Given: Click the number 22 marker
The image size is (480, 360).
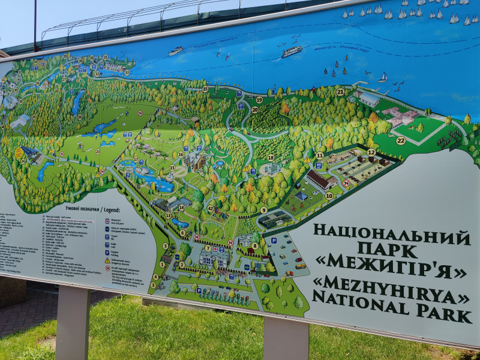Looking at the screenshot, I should (x=401, y=140).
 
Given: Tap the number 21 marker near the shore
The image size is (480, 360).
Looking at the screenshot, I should (x=340, y=92).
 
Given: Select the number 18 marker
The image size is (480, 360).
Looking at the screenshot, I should (x=271, y=157).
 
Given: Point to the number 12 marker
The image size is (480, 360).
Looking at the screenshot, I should (x=371, y=152).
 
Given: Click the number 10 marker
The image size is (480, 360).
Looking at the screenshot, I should (x=329, y=196).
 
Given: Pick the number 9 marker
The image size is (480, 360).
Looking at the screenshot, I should (x=263, y=210).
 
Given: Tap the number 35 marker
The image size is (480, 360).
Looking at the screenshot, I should (x=205, y=89).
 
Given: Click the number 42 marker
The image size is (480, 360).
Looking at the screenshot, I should (x=211, y=208).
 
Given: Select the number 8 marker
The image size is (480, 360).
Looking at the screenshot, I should (x=255, y=245).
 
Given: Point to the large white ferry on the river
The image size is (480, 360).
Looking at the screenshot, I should (x=292, y=52).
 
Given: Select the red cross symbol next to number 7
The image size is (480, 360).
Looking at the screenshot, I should (x=215, y=247).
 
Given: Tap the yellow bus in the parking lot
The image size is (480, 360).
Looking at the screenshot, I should (x=300, y=265).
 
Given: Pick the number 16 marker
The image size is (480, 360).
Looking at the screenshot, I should (x=181, y=154).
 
